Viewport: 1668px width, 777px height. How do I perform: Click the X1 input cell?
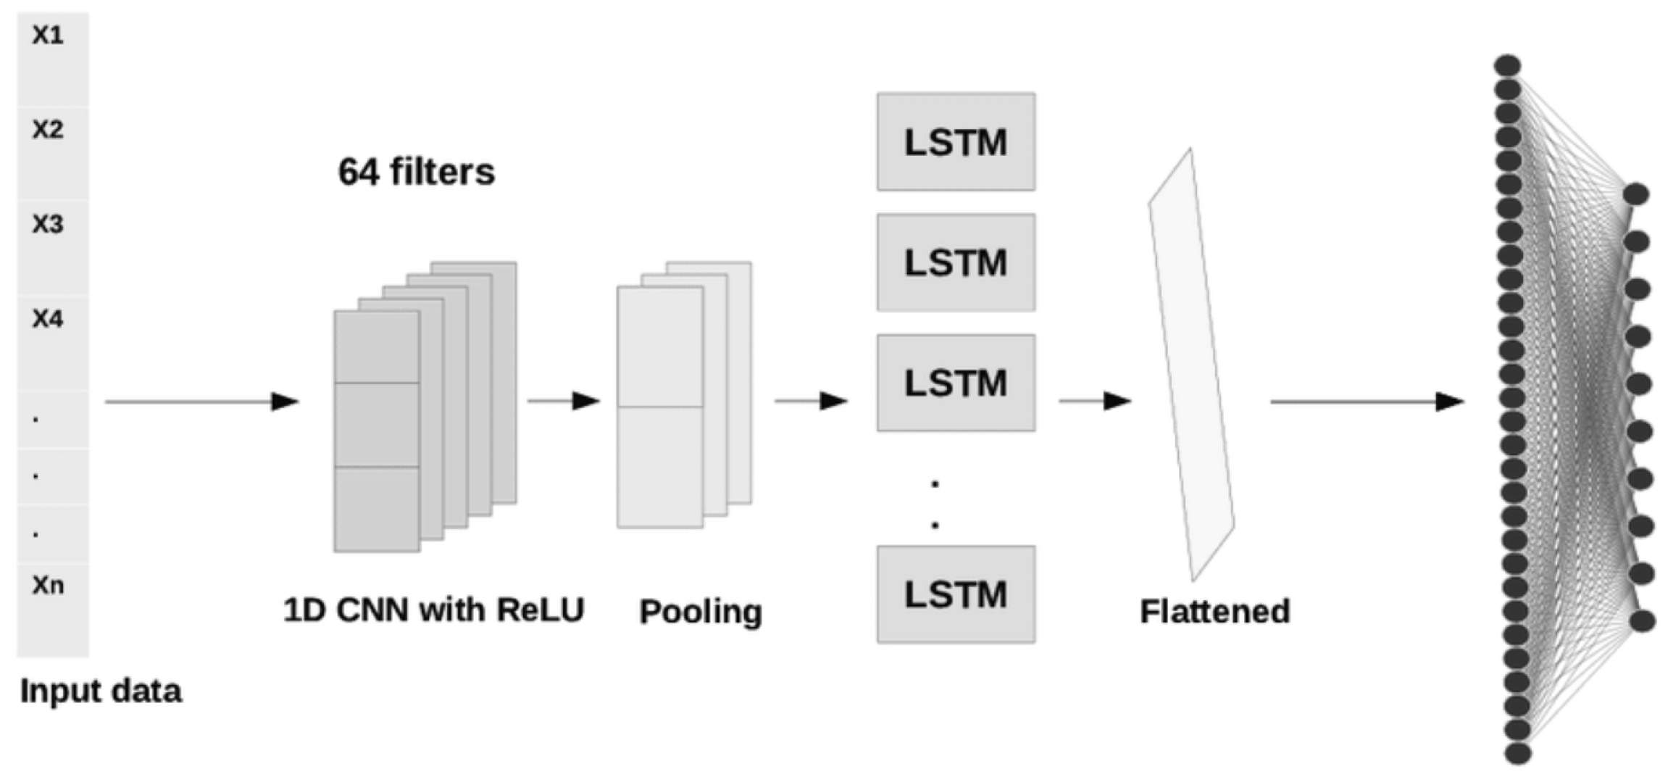[x=53, y=58]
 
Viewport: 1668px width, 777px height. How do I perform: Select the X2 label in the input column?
[x=48, y=130]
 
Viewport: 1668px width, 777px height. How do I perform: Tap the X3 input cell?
[x=53, y=247]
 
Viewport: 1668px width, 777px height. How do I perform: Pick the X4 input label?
[x=48, y=319]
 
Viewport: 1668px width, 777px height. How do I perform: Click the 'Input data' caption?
[x=101, y=691]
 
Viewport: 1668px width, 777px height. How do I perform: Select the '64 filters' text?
[x=417, y=172]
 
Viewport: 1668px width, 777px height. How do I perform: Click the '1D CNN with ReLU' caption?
[x=433, y=610]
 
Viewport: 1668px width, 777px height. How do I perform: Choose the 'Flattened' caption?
[x=1215, y=611]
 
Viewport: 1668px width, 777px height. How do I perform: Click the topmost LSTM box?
[x=956, y=141]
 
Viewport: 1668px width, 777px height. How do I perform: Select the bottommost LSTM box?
[x=956, y=594]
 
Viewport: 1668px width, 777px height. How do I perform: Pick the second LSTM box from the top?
[x=956, y=262]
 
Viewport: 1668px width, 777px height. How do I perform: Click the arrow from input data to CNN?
[x=202, y=401]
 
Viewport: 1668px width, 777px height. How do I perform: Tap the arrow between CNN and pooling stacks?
[x=564, y=400]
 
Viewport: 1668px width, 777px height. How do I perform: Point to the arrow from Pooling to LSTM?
[x=812, y=400]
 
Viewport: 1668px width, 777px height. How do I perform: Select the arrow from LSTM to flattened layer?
[x=1096, y=400]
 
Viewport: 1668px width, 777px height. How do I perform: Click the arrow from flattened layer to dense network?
[x=1368, y=401]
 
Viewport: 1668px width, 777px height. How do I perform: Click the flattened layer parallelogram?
[x=1192, y=362]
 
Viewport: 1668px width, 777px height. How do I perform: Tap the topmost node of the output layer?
[x=1636, y=194]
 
